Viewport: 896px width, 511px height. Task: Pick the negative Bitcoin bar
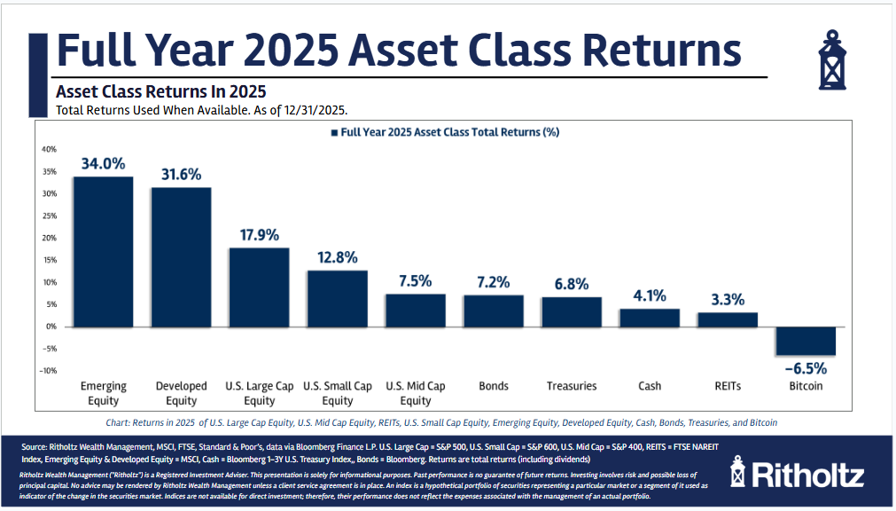tap(806, 341)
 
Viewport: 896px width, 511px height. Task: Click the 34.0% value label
tap(103, 163)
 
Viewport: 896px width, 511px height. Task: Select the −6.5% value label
tap(806, 368)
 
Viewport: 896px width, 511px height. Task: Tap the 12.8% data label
tap(337, 257)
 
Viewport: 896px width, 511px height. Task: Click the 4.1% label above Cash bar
tap(650, 296)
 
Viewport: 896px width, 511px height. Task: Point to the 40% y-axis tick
tap(49, 149)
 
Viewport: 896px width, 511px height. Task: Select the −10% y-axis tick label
tap(47, 371)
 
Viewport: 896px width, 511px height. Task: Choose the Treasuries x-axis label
tap(571, 386)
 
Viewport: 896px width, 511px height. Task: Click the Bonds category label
tap(493, 386)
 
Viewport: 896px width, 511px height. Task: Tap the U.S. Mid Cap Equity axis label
tap(415, 393)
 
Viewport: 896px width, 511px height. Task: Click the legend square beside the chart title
tap(334, 132)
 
